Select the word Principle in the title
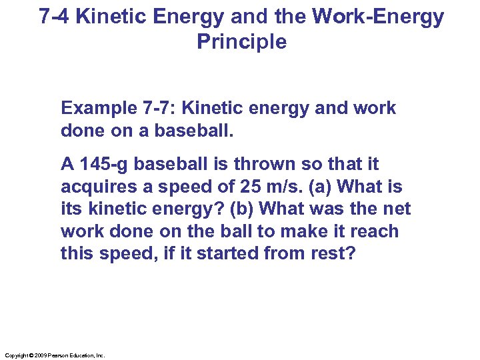point(242,42)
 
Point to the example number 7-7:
point(157,108)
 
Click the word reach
point(375,231)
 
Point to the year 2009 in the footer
point(39,356)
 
